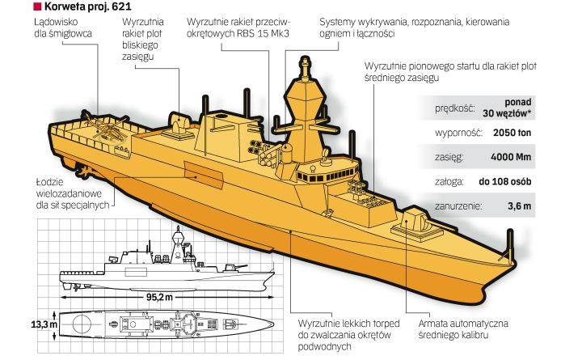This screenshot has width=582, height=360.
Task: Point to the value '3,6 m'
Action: (519, 207)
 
